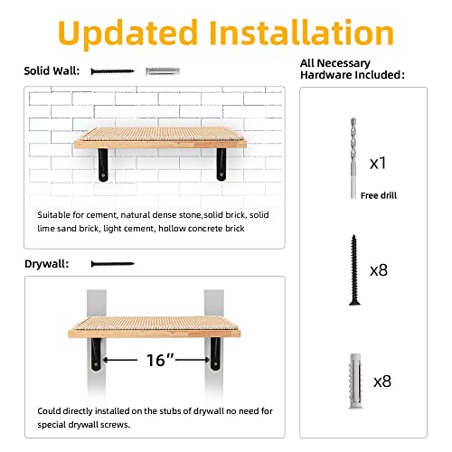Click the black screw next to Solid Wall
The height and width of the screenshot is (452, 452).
tap(112, 71)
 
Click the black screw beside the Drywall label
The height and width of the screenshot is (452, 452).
tap(112, 264)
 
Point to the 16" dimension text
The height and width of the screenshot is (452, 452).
tap(159, 360)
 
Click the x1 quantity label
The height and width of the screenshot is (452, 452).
tap(379, 164)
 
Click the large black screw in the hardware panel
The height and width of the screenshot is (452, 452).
tap(348, 269)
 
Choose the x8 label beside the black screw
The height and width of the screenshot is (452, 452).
tap(381, 270)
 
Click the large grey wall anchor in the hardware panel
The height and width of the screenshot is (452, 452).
tap(348, 382)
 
